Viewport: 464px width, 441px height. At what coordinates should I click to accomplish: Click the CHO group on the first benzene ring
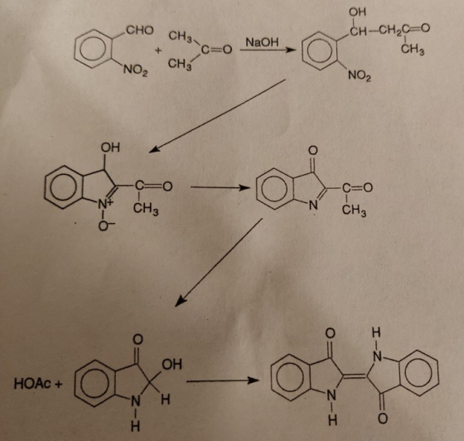(x=140, y=30)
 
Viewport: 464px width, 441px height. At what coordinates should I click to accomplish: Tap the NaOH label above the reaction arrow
(x=262, y=42)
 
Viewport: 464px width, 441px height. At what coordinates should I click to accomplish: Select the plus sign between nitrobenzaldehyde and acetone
(x=158, y=51)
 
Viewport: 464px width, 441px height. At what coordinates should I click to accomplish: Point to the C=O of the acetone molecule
(x=216, y=49)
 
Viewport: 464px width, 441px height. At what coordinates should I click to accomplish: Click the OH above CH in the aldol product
(x=357, y=12)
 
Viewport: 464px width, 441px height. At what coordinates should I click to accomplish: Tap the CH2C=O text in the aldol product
(x=404, y=30)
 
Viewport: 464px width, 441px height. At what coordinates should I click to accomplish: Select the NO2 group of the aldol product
(x=360, y=75)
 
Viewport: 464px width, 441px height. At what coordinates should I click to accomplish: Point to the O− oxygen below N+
(x=104, y=226)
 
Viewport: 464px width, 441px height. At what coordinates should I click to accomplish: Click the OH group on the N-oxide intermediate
(x=110, y=147)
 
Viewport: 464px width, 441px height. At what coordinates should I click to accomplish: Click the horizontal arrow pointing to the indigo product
(x=223, y=381)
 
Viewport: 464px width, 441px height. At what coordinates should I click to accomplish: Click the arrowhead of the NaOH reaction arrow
(x=291, y=50)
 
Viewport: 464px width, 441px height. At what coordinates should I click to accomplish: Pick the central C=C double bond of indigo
(x=355, y=376)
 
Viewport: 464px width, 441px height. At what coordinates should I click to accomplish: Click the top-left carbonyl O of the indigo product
(x=331, y=333)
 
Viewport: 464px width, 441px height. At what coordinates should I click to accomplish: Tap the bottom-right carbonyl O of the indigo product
(x=383, y=419)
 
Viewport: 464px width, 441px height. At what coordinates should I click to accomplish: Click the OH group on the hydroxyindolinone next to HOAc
(x=172, y=364)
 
